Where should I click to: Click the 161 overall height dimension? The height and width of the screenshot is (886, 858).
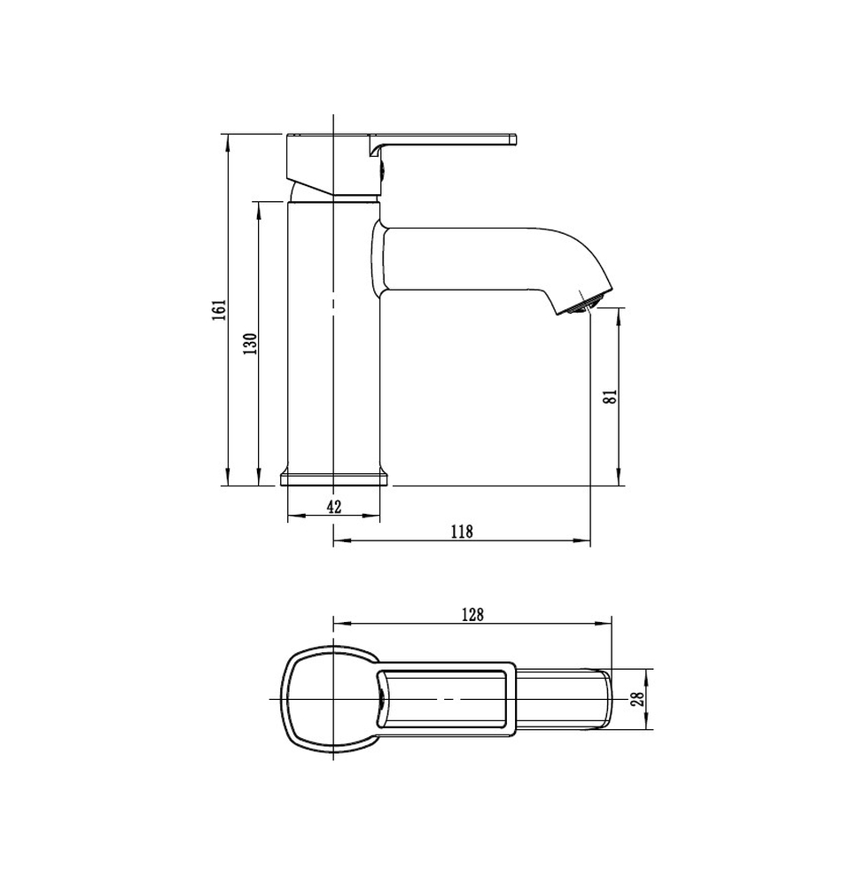pos(220,310)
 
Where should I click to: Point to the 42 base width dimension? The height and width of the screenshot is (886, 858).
pos(334,507)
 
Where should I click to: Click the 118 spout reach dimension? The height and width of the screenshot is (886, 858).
pos(462,532)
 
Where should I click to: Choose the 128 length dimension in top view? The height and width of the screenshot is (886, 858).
pos(472,614)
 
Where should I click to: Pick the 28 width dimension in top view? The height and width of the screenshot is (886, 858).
pos(639,699)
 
